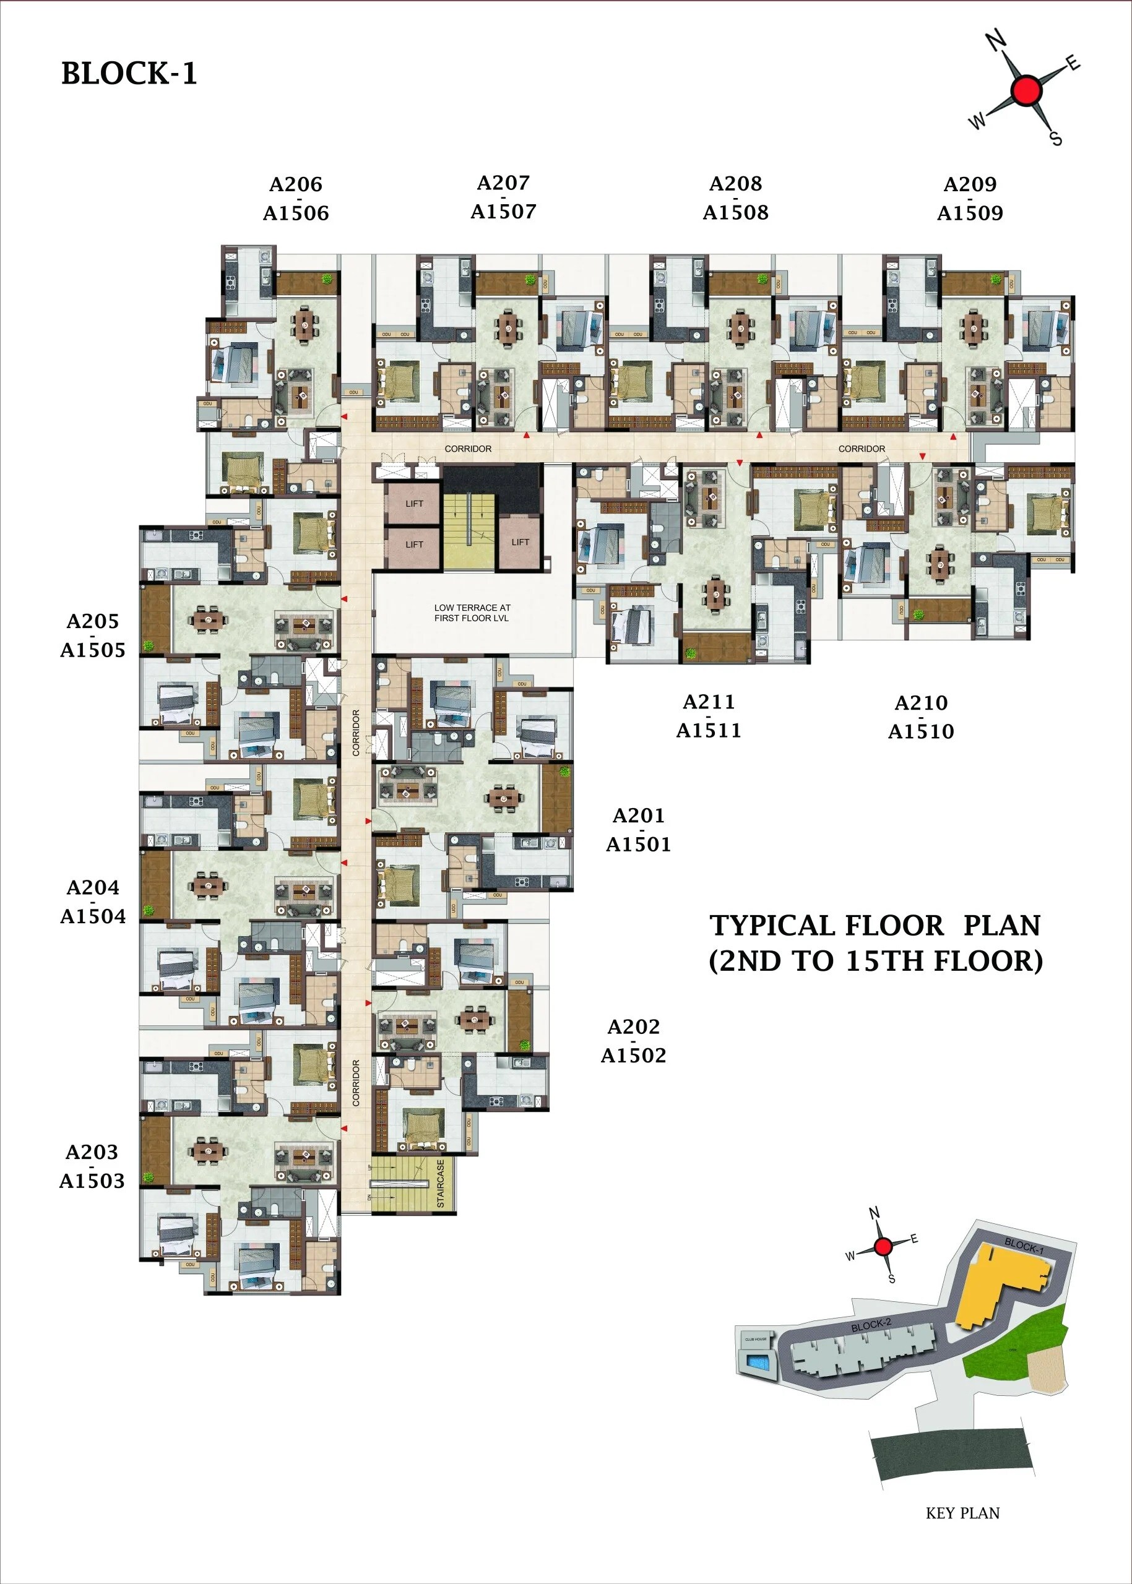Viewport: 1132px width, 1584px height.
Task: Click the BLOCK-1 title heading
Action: [129, 73]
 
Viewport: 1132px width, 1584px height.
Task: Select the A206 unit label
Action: [296, 184]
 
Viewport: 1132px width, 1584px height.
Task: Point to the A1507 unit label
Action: [503, 211]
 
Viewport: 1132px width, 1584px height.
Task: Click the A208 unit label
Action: [735, 184]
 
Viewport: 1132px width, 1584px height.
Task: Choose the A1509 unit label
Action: [970, 213]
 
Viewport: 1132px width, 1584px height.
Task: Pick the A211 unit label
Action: [708, 702]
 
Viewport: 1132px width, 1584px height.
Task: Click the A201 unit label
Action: [638, 816]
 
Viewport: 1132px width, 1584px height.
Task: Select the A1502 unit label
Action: [633, 1056]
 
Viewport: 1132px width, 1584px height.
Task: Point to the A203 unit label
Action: [92, 1153]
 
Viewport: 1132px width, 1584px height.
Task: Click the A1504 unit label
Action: [93, 916]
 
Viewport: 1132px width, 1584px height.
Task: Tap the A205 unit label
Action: [93, 621]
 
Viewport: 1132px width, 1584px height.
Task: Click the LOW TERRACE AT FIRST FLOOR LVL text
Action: [472, 613]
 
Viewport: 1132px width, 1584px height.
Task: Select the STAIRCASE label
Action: [441, 1184]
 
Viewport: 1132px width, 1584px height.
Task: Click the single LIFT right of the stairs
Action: [520, 542]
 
